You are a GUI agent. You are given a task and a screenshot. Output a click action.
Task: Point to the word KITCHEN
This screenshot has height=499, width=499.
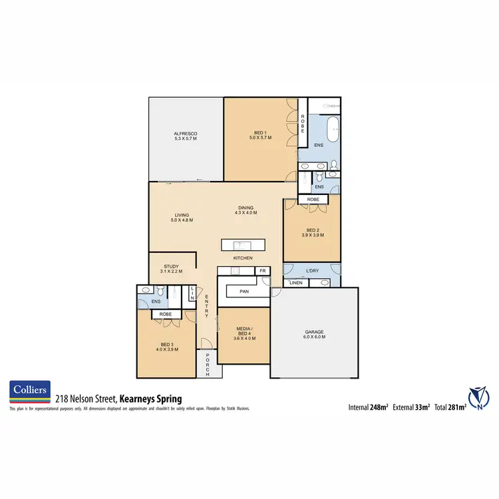[x=242, y=258]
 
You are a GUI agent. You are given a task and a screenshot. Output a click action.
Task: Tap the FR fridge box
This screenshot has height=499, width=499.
[x=263, y=271]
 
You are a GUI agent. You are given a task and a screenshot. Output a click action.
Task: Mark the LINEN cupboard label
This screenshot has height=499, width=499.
[x=295, y=283]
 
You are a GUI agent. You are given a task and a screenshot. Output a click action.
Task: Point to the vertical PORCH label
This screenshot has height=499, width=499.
[x=208, y=365]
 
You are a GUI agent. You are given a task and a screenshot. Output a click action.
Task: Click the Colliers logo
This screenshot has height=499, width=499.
[x=31, y=391]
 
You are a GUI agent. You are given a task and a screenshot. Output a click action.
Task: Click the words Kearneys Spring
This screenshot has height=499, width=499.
[x=150, y=399]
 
